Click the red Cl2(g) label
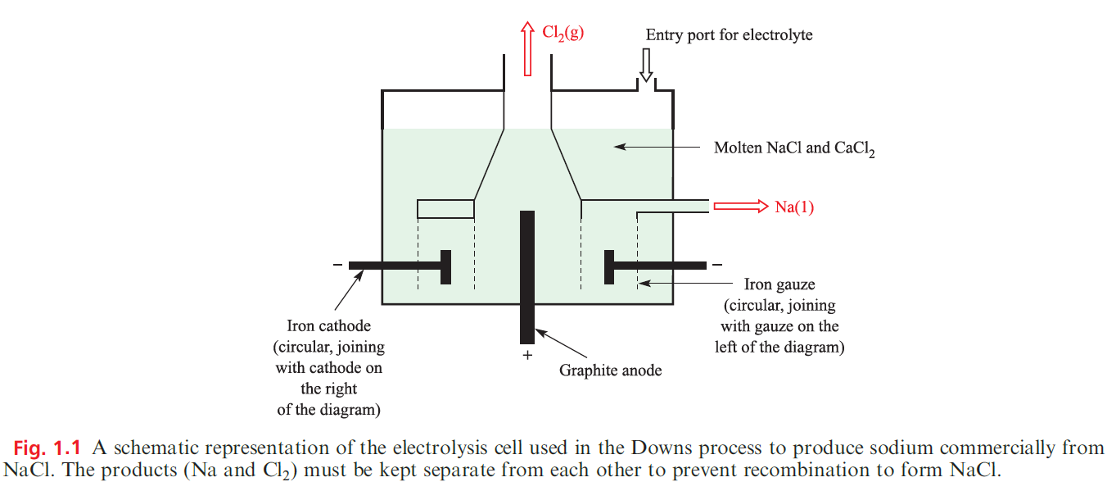tap(563, 34)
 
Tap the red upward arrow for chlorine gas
tap(527, 49)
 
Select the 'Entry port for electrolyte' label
tap(729, 35)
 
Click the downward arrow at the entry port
tap(646, 65)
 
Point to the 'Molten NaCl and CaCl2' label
tap(794, 148)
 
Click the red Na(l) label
tap(794, 207)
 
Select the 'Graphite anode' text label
tap(610, 371)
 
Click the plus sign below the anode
tap(527, 356)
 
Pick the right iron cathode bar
tap(655, 266)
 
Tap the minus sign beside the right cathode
tap(717, 265)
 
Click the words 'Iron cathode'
tap(328, 326)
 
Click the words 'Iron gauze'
tap(779, 285)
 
